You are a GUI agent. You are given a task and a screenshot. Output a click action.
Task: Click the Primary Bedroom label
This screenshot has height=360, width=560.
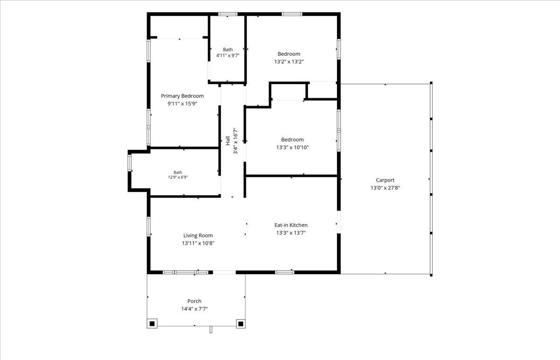[182, 96]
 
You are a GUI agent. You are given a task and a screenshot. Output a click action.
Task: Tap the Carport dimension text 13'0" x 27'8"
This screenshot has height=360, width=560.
[385, 188]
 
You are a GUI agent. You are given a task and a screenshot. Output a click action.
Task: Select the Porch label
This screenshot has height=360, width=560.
[194, 301]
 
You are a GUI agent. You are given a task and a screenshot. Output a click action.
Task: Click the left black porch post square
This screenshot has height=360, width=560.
[152, 324]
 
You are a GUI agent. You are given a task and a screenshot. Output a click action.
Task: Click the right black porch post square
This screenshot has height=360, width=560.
[241, 324]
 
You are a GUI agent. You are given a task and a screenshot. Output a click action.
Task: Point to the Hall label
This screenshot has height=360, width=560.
[228, 141]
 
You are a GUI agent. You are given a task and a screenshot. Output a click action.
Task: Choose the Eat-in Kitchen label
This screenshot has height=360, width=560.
[291, 225]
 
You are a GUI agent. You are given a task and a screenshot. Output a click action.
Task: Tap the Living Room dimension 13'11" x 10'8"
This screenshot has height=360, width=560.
[198, 243]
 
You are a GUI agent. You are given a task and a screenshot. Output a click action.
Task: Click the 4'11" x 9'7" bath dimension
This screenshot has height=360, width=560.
[228, 55]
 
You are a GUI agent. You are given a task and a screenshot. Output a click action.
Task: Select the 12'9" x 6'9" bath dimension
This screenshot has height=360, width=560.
[178, 177]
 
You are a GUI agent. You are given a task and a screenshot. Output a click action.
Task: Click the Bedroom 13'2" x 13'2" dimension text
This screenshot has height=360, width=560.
[289, 62]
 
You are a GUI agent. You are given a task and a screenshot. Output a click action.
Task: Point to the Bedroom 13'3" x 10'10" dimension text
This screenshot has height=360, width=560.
[292, 147]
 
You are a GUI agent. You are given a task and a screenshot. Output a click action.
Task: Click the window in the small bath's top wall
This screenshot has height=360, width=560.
[228, 14]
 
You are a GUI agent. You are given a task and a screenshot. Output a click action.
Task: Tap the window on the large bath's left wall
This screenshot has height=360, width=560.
[130, 163]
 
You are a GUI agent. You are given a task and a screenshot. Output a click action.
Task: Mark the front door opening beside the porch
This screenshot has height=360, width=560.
[224, 272]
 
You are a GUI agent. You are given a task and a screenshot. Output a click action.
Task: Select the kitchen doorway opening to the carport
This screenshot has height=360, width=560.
[339, 222]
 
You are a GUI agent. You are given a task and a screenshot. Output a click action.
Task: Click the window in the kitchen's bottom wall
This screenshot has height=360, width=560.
[285, 272]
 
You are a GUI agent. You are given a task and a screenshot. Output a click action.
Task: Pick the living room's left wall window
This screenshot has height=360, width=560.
[148, 226]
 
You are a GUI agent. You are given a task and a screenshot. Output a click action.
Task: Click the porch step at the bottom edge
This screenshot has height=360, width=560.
[211, 330]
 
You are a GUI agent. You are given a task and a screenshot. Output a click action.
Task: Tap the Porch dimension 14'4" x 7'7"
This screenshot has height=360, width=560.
[194, 309]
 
